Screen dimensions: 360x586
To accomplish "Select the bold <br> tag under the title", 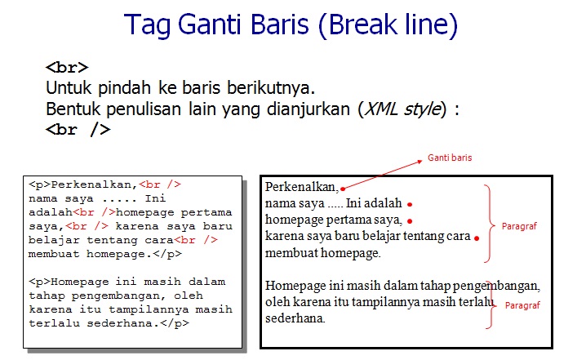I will tap(67, 68).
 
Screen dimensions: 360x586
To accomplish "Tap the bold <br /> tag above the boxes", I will tap(78, 129).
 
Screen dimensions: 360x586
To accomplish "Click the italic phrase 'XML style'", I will tap(403, 109).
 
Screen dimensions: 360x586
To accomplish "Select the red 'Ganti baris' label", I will tap(450, 157).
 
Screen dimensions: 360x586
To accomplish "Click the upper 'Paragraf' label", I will tap(519, 224).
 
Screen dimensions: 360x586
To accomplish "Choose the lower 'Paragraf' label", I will tap(522, 304).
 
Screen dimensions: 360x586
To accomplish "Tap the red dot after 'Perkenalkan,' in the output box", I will tap(344, 189).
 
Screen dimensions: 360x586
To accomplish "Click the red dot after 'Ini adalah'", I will tap(410, 204).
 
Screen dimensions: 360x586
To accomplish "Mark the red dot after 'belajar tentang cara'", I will tap(477, 238).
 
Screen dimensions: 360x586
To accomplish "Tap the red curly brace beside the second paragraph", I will tap(490, 303).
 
